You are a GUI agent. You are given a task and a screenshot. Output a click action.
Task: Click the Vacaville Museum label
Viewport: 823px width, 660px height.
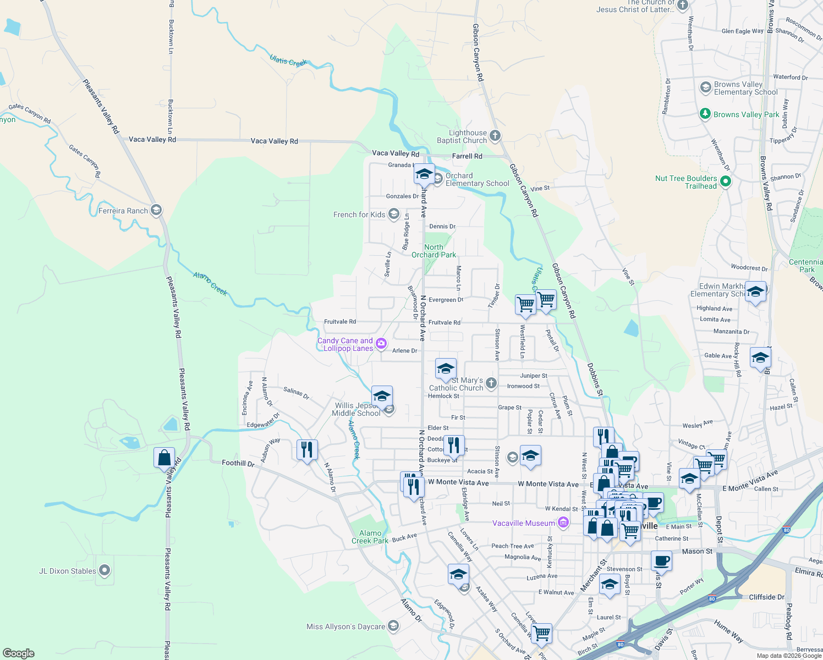point(523,523)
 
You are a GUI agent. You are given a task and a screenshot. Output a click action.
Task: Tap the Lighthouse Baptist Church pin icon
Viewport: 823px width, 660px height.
point(495,135)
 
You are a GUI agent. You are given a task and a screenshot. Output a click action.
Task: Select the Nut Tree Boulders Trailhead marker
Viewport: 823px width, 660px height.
point(725,181)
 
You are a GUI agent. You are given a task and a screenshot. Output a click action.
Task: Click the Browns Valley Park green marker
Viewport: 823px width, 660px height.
point(705,114)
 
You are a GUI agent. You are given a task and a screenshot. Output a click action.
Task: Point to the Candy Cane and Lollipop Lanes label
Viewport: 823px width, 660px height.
point(345,344)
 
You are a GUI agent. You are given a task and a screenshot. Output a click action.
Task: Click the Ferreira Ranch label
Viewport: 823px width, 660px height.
point(123,211)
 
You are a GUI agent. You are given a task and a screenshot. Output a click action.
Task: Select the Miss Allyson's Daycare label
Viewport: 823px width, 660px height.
point(345,626)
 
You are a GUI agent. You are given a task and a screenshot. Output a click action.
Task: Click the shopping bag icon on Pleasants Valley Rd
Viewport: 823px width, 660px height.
point(164,458)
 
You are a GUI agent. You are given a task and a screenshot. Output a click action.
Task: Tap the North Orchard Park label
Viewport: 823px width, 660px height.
point(434,251)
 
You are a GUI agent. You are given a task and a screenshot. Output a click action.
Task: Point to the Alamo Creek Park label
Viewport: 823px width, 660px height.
point(370,537)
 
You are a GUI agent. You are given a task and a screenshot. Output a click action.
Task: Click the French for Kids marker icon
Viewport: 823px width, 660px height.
point(393,214)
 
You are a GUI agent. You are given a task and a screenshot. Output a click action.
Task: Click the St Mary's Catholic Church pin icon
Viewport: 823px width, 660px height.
point(491,383)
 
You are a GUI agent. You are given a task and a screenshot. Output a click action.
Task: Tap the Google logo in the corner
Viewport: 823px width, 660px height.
point(19,653)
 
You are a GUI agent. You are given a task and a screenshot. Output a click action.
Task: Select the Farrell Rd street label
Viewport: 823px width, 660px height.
point(467,156)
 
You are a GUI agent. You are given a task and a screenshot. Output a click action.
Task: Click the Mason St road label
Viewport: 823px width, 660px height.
point(697,551)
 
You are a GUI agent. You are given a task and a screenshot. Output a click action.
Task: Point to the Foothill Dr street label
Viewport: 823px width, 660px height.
point(238,463)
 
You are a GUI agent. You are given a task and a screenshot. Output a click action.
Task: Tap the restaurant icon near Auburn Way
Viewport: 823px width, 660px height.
point(307,449)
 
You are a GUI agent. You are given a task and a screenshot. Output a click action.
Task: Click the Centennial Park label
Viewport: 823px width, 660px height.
point(806,266)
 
